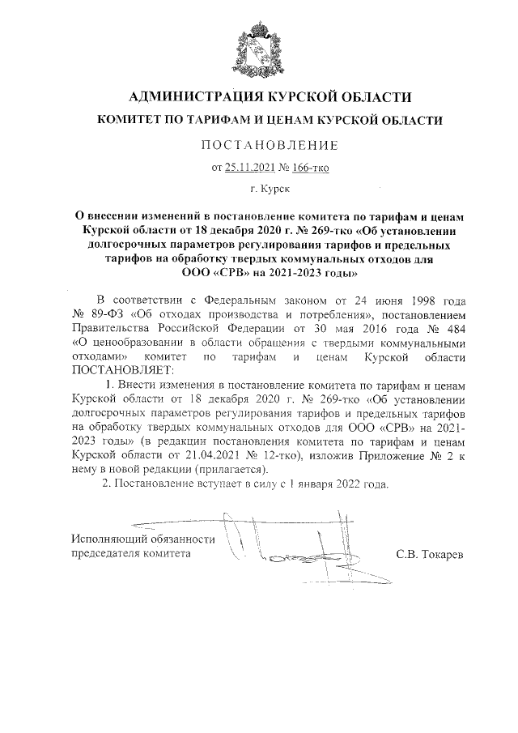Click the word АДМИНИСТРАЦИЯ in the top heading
[193, 98]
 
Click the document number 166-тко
[312, 168]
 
